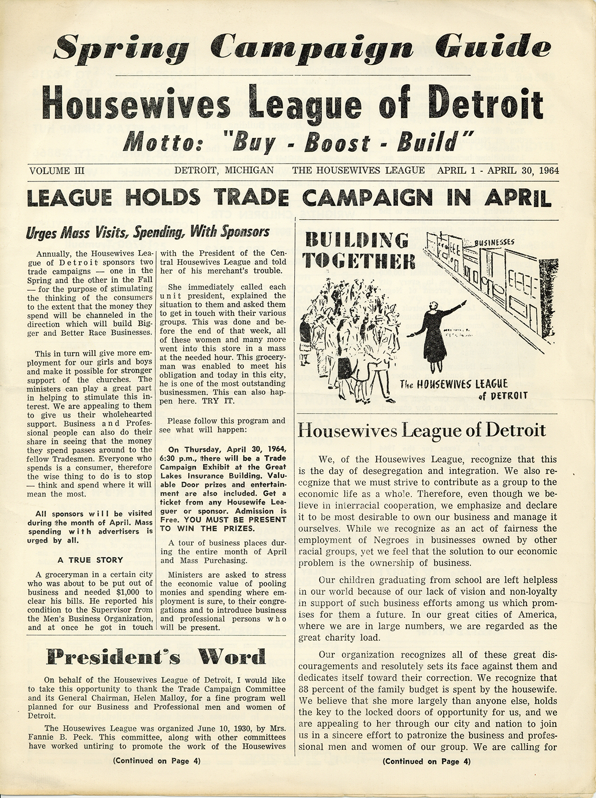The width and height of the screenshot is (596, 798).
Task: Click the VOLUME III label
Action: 56,170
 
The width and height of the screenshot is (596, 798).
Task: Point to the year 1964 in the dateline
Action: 546,170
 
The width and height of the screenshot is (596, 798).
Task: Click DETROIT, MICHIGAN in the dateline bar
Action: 224,170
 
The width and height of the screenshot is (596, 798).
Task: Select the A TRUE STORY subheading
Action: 90,560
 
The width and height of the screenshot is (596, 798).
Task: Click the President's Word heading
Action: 156,657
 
